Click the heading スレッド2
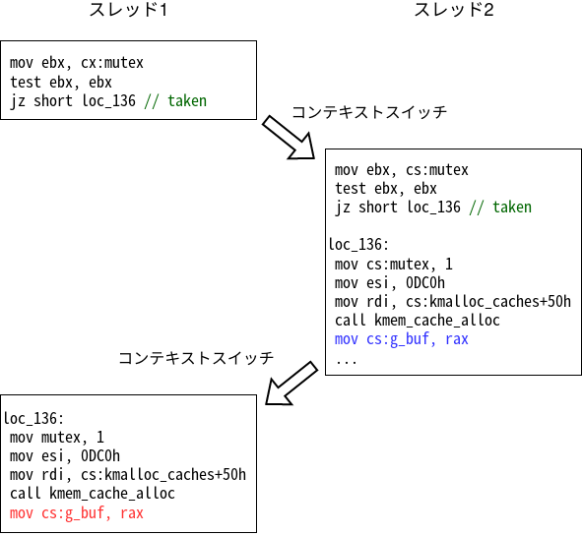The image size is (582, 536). [x=457, y=11]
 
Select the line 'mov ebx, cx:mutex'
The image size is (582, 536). [x=77, y=63]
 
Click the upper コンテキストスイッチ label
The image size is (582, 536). [x=369, y=112]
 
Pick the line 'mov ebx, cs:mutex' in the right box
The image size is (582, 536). [x=401, y=169]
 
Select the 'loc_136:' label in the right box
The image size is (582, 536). [x=358, y=245]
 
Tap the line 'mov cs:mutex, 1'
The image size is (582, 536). [x=394, y=264]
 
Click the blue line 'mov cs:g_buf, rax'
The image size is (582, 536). [x=401, y=338]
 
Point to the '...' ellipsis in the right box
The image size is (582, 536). [x=346, y=358]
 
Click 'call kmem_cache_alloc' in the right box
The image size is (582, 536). [x=417, y=320]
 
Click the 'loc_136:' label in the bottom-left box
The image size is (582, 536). [x=33, y=418]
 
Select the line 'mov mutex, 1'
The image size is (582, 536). [x=57, y=437]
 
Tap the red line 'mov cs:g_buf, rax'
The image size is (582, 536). [x=77, y=512]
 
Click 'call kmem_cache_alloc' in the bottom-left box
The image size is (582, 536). [x=93, y=493]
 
